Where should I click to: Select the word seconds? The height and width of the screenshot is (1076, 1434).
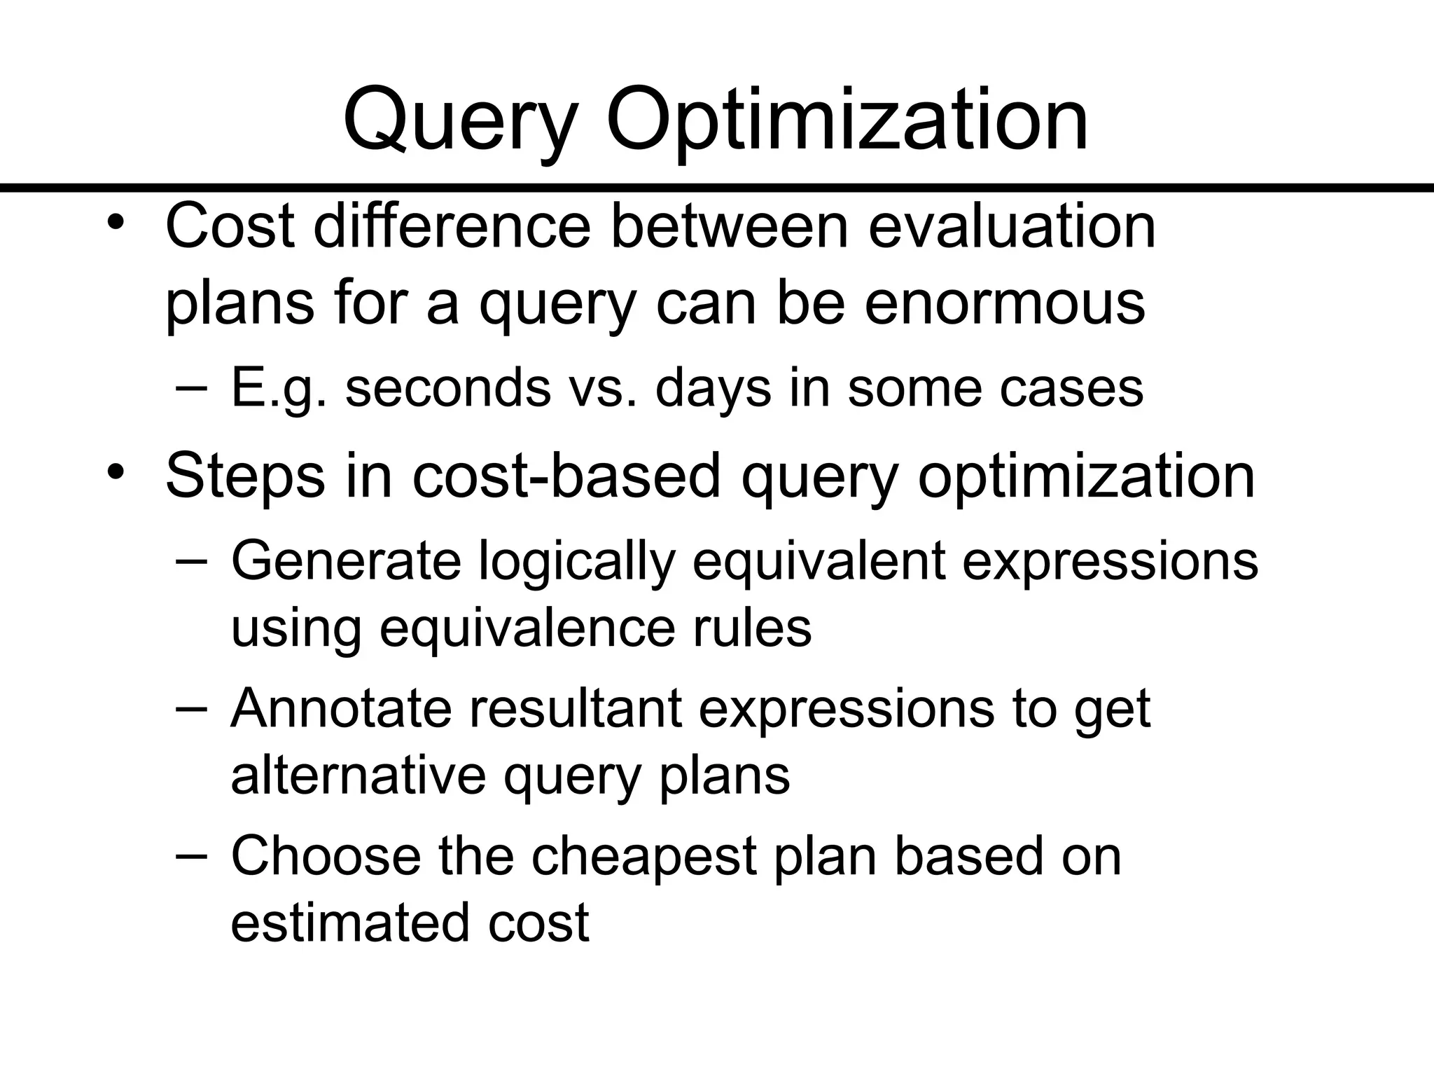[448, 388]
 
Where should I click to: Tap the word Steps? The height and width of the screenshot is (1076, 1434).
[245, 476]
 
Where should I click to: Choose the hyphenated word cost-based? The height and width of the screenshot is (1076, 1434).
[566, 476]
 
